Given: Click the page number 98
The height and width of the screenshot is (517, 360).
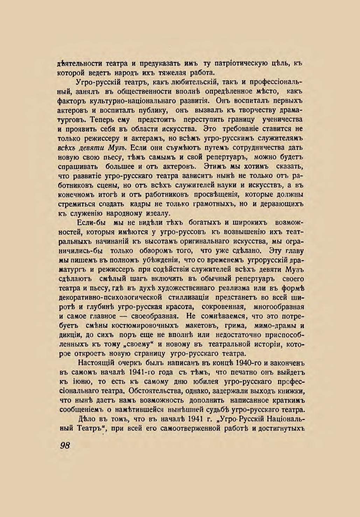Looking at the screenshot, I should pos(65,445).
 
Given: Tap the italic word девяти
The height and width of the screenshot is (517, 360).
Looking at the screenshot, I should pos(93,148).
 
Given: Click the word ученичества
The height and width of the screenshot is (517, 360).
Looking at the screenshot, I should pos(282,120).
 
